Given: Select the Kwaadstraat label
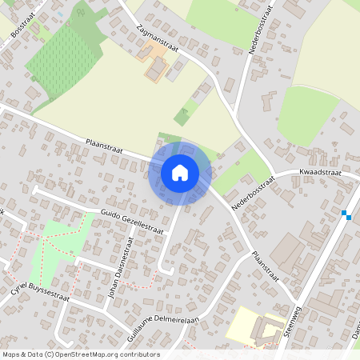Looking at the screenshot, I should click(320, 172).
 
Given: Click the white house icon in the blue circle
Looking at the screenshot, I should click(180, 173).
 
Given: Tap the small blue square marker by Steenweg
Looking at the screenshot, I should click(345, 214).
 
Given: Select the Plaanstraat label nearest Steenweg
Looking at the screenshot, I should click(265, 266).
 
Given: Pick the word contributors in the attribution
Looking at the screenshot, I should click(139, 354).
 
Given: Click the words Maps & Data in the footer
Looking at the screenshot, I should click(21, 354).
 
